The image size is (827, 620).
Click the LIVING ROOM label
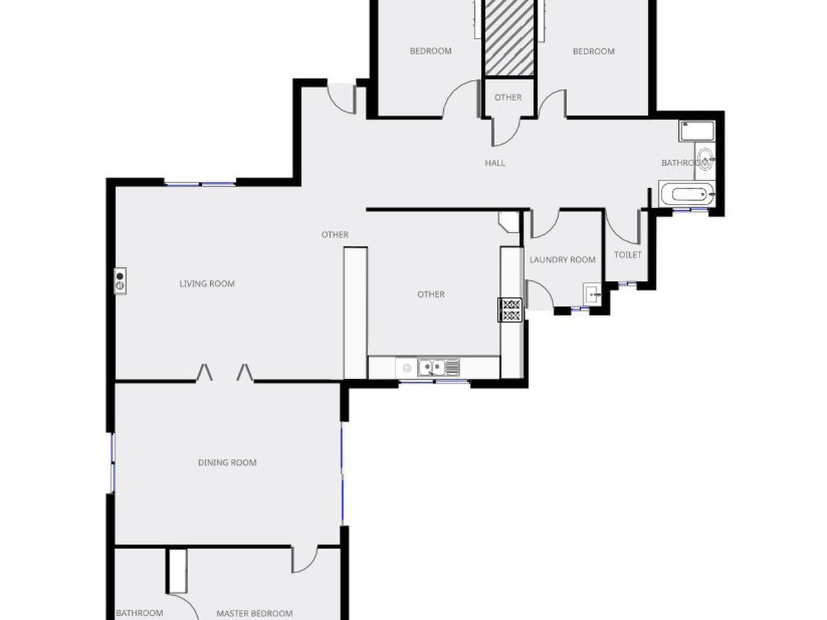[x=207, y=284]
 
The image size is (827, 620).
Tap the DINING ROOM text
[x=227, y=463]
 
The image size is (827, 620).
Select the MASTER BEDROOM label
[x=254, y=613]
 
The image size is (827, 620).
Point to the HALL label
[x=495, y=163]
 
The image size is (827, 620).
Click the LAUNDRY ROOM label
[x=562, y=260]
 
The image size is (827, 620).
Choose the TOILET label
[x=628, y=255]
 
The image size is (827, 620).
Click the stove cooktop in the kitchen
[x=511, y=309]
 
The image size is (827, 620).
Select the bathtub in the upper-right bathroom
[x=686, y=194]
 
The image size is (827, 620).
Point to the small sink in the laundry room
[x=592, y=294]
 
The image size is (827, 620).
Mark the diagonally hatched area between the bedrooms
[x=509, y=37]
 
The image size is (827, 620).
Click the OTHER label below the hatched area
[x=508, y=98]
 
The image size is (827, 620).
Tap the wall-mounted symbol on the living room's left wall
[x=120, y=280]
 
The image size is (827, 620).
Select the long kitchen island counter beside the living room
[x=355, y=313]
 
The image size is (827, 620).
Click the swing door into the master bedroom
[x=303, y=560]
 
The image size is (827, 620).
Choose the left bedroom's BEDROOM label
[x=431, y=51]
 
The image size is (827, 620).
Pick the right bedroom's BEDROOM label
[x=593, y=51]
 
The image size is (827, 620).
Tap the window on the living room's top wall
[x=200, y=183]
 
